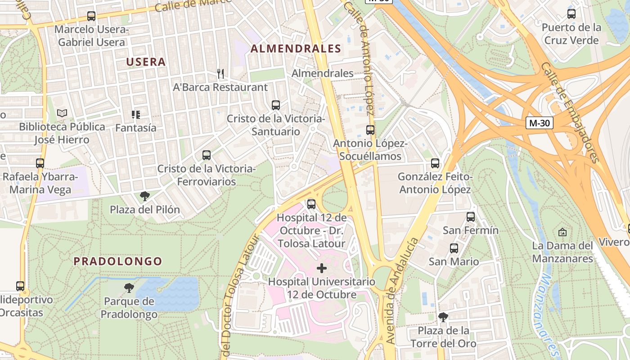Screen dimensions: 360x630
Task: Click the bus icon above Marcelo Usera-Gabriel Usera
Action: tap(91, 16)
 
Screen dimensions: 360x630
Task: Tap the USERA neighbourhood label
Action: tap(146, 62)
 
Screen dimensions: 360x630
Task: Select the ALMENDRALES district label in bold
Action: tap(296, 49)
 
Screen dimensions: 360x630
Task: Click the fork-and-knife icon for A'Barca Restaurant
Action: tap(220, 74)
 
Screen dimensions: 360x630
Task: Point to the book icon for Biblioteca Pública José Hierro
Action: tap(62, 113)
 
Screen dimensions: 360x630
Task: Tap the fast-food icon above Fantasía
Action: tap(135, 115)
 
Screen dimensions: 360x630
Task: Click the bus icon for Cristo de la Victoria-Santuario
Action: tap(276, 105)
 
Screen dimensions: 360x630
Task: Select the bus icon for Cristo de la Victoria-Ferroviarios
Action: tap(207, 155)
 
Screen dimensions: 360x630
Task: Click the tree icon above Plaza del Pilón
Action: tap(144, 196)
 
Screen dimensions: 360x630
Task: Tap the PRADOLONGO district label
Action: tap(118, 261)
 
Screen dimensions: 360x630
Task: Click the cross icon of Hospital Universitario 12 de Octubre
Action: tap(322, 269)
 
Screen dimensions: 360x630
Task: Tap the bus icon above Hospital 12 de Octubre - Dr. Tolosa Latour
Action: tap(311, 204)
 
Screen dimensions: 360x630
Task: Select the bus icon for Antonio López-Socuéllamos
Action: tap(370, 130)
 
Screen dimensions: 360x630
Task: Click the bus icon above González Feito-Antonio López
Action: tap(435, 163)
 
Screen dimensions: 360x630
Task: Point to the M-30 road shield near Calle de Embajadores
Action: tap(539, 123)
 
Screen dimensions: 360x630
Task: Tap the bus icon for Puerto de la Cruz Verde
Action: tap(571, 14)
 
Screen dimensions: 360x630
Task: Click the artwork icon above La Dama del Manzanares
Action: tap(562, 232)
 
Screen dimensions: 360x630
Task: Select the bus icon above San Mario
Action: tap(454, 248)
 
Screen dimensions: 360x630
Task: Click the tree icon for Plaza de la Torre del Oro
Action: tap(443, 317)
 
